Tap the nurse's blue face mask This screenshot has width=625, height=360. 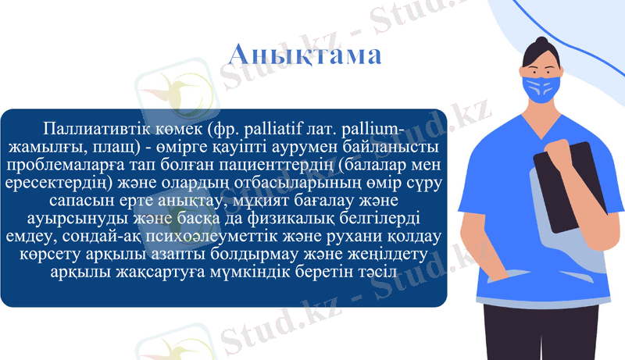tap(542, 87)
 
